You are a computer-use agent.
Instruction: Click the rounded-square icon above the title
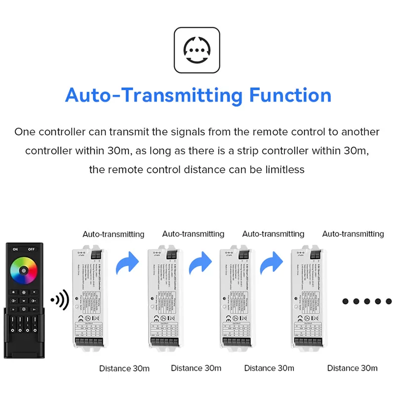coord(197,50)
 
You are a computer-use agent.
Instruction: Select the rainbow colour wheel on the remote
coord(25,270)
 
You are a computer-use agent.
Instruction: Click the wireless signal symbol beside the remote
coord(60,299)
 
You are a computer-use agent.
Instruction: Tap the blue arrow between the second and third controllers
coord(200,264)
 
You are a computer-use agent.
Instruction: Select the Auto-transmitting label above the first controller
coord(114,234)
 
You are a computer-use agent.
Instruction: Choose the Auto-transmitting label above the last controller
coord(353,234)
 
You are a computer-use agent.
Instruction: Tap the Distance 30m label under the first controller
coord(124,368)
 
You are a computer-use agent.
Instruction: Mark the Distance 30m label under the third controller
coord(269,368)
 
